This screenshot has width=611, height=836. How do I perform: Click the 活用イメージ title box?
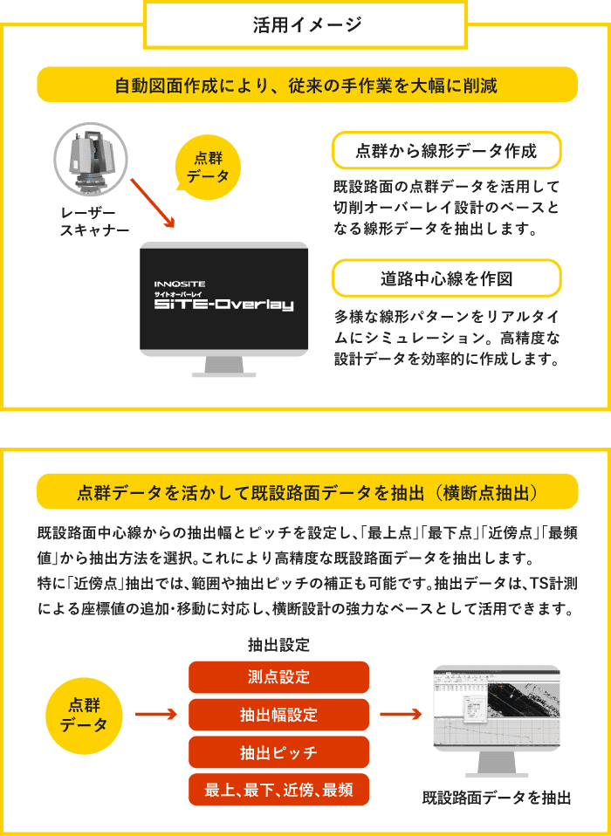[x=306, y=24]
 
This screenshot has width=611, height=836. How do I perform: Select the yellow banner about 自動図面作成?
[x=306, y=86]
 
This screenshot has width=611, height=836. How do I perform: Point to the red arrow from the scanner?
[x=154, y=203]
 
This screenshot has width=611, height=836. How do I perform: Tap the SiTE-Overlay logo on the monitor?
[x=223, y=297]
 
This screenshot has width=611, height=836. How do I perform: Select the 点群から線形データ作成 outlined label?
[x=446, y=151]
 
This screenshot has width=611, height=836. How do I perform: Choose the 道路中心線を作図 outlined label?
[x=446, y=278]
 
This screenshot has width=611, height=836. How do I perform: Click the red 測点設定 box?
[x=278, y=677]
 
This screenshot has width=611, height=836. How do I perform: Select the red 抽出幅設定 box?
[x=278, y=715]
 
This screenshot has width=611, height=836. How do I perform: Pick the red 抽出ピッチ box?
[x=278, y=752]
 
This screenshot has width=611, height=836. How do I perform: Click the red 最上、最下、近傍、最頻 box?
[x=278, y=790]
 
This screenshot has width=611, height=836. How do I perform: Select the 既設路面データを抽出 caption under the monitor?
[x=496, y=798]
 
